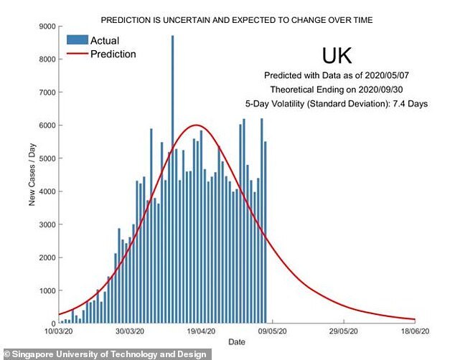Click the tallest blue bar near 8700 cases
[172, 179]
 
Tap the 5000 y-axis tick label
[46, 158]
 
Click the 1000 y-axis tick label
[46, 290]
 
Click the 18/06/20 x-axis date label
[416, 332]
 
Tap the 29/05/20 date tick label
[344, 332]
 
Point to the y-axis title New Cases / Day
[32, 174]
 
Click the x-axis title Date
[237, 343]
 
